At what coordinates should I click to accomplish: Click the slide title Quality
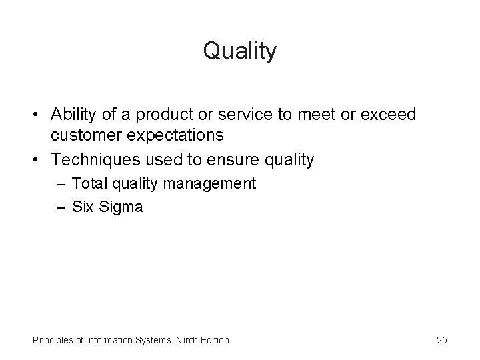[239, 51]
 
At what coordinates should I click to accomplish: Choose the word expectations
[179, 136]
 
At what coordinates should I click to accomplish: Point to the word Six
[83, 207]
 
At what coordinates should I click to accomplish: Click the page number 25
[441, 340]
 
